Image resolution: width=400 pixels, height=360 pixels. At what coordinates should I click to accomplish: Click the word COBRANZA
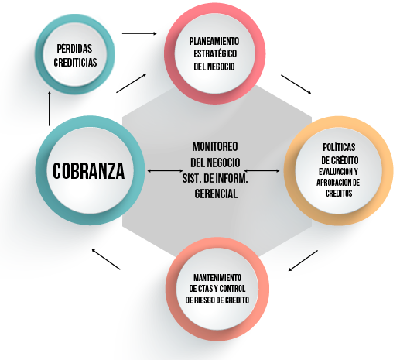pos(89,171)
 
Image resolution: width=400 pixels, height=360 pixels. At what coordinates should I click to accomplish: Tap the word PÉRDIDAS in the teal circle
pos(74,48)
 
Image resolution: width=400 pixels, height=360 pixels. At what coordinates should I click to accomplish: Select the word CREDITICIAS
pos(75,62)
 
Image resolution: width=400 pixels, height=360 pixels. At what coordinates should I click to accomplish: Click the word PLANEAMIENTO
pos(214,41)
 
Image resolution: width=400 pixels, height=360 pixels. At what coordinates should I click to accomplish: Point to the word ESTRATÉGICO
pos(215,53)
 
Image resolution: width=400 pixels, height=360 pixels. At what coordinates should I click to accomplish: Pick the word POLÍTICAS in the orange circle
pos(339,147)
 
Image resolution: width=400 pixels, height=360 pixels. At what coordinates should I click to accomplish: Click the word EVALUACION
pos(333,171)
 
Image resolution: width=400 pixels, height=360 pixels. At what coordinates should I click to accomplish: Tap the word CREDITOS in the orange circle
pos(339,193)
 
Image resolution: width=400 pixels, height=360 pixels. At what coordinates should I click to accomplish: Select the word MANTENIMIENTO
pos(217,278)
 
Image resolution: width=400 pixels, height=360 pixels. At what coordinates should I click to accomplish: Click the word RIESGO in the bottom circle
pos(209,300)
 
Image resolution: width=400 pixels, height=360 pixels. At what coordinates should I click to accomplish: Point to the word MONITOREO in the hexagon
pos(215,146)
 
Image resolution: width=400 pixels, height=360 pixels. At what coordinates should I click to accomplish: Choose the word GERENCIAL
pos(216,194)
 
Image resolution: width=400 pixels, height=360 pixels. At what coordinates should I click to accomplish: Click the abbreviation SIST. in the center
pos(192,178)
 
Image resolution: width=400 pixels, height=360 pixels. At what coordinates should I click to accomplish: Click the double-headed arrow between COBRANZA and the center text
pos(165,170)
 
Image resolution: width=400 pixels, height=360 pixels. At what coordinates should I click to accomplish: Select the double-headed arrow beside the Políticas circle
pos(262,170)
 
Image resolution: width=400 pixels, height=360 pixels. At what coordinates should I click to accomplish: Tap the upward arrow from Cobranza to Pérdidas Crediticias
pos(50,108)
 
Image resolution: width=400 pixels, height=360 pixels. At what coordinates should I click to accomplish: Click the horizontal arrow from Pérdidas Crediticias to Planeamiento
pos(139,33)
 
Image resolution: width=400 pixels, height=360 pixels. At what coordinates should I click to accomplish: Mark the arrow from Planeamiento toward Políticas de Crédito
pos(296,84)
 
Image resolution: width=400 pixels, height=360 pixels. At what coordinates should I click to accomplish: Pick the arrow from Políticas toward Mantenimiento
pos(303,260)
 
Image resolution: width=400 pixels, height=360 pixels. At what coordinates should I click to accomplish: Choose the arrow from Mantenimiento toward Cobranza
pos(106,259)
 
